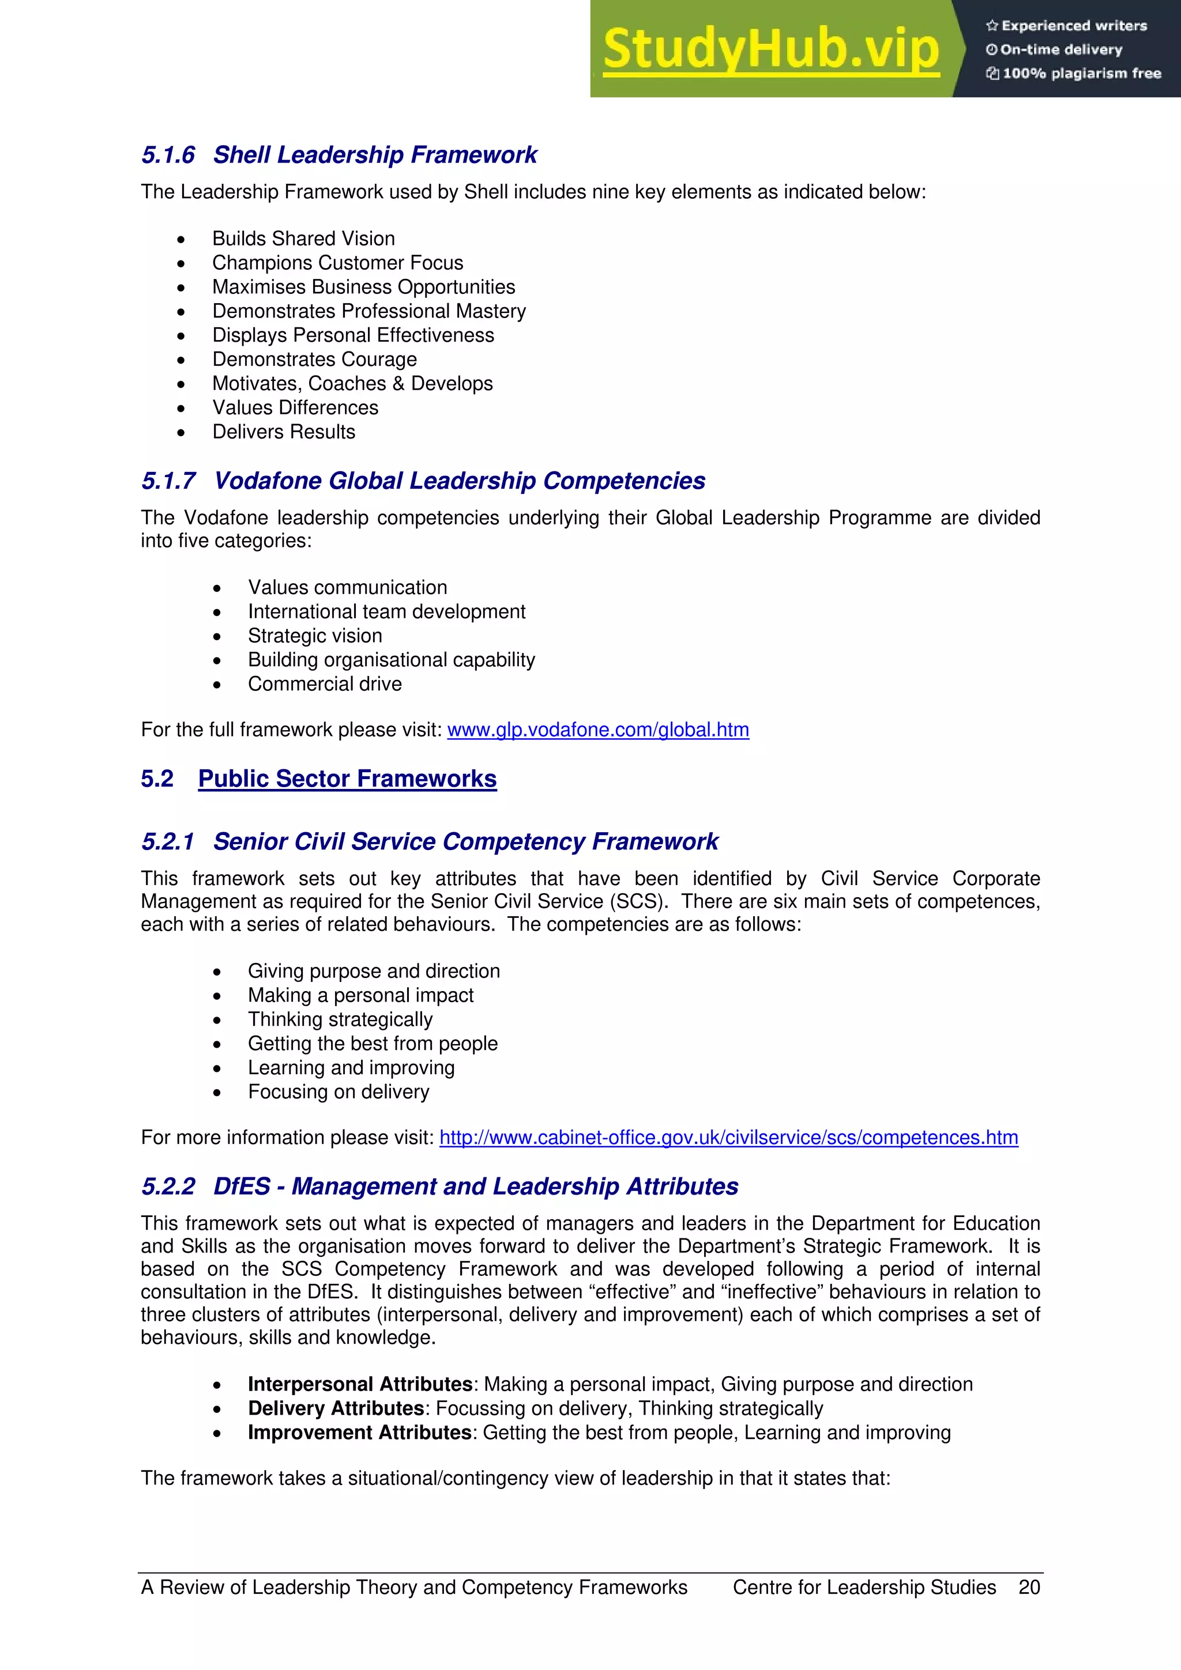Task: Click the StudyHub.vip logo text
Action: click(770, 50)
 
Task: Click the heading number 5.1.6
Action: click(168, 155)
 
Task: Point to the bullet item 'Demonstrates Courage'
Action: click(314, 360)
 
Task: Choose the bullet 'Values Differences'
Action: click(295, 407)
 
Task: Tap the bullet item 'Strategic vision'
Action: click(314, 636)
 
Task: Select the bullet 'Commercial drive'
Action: click(325, 683)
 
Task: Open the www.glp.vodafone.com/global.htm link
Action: click(597, 730)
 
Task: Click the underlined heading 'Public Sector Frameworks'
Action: click(347, 779)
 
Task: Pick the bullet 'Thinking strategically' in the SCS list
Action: click(340, 1019)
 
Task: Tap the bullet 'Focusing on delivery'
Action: click(338, 1092)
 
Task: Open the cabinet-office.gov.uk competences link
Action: click(728, 1138)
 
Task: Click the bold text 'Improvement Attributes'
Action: click(359, 1432)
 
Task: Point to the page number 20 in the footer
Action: click(1029, 1587)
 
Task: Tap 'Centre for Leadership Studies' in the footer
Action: click(864, 1587)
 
